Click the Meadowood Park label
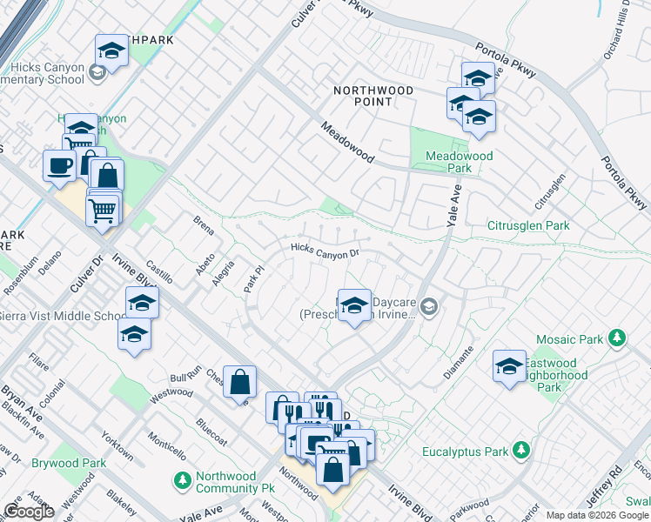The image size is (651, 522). [459, 162]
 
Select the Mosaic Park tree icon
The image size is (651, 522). [617, 337]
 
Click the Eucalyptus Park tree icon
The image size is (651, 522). [520, 450]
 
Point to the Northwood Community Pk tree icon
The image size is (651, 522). [183, 479]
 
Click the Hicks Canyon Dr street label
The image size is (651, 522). [325, 250]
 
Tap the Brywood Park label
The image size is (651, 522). [69, 464]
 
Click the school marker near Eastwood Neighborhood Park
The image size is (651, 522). [509, 365]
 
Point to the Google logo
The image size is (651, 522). [29, 512]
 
